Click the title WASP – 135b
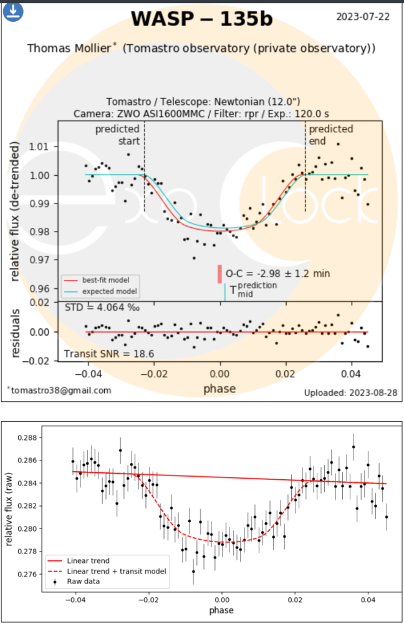tap(201, 19)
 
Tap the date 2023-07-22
tap(363, 16)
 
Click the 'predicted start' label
tap(118, 135)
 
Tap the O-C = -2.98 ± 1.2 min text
tap(277, 273)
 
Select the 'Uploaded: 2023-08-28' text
tap(350, 392)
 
